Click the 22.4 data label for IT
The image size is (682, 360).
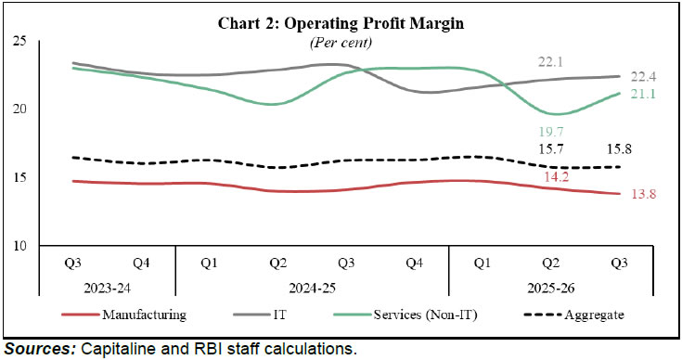[x=646, y=76]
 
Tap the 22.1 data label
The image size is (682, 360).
[x=551, y=61]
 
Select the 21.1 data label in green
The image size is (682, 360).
[x=646, y=93]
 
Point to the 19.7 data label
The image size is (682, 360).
[x=551, y=132]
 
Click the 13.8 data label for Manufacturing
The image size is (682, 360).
[x=646, y=193]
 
